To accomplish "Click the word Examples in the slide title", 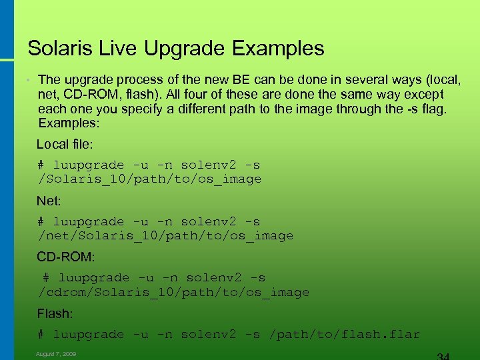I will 278,49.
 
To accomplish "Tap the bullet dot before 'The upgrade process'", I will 29,81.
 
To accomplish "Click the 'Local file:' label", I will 65,144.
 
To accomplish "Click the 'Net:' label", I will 49,201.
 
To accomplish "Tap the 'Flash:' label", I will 55,313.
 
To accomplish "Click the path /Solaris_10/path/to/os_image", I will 149,179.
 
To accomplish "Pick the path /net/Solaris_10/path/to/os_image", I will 165,236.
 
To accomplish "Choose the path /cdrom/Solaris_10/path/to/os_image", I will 173,293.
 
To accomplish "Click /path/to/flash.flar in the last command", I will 344,335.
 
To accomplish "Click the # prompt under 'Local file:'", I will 41,165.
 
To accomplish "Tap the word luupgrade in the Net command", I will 88,222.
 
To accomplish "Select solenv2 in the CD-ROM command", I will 217,278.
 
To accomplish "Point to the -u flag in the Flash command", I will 141,335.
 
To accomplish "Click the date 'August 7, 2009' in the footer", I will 56,354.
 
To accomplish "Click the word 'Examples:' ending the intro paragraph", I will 68,123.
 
